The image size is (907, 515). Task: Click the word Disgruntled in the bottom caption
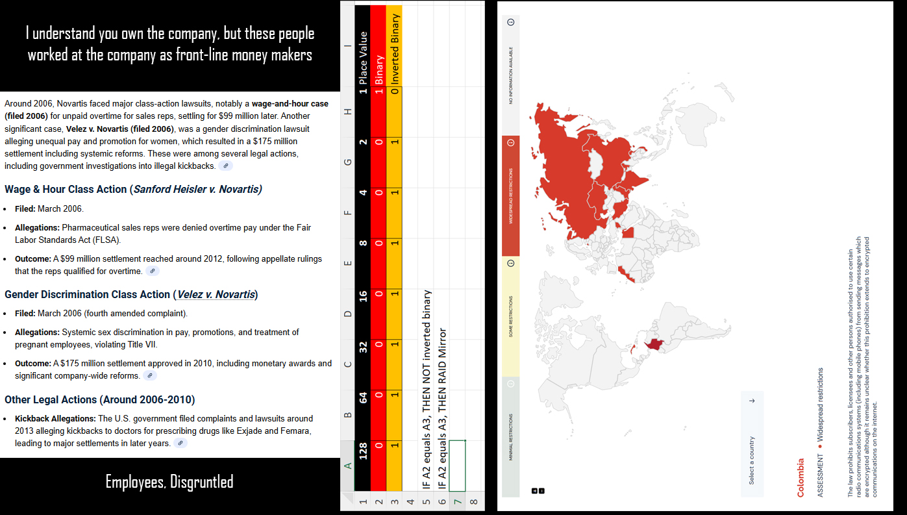pos(201,482)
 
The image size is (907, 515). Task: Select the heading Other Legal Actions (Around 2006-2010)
pos(99,399)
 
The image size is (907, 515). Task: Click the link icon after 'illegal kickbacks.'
pos(225,166)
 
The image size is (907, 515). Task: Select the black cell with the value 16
pos(364,295)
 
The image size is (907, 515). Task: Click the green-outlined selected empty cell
pos(458,465)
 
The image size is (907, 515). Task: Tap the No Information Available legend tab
pos(510,75)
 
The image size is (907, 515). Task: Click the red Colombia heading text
pos(800,477)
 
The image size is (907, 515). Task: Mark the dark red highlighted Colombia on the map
pos(654,345)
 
